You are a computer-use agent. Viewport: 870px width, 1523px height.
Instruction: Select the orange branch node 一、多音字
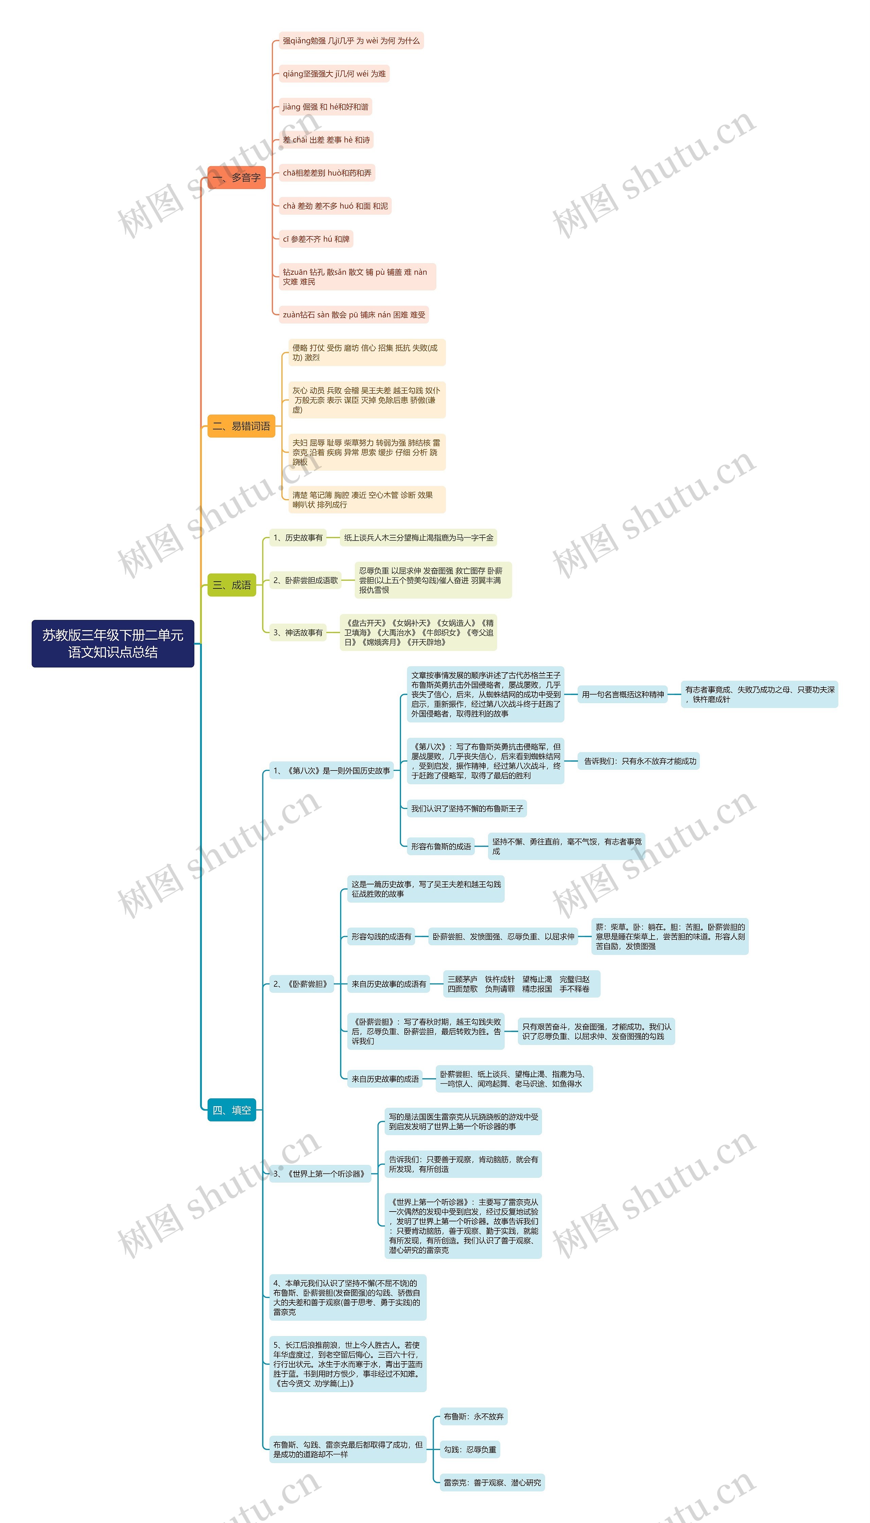[237, 177]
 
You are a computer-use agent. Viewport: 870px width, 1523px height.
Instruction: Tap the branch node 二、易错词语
[241, 426]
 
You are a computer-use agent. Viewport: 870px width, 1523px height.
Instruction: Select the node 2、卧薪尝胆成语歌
[305, 580]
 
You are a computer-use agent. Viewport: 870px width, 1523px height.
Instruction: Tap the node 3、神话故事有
[298, 632]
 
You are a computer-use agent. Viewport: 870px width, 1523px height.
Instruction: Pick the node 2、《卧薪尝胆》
[300, 984]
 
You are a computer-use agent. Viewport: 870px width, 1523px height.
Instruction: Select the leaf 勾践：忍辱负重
[470, 1450]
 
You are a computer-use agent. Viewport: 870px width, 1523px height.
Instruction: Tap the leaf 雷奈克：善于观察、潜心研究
[492, 1482]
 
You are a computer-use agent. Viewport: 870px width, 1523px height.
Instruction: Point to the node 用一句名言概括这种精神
[623, 695]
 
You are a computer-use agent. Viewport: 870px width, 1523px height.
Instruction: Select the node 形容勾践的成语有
[381, 937]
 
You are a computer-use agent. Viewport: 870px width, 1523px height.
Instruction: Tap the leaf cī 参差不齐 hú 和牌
[316, 239]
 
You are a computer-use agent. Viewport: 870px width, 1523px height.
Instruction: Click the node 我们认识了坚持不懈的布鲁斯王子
[467, 809]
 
